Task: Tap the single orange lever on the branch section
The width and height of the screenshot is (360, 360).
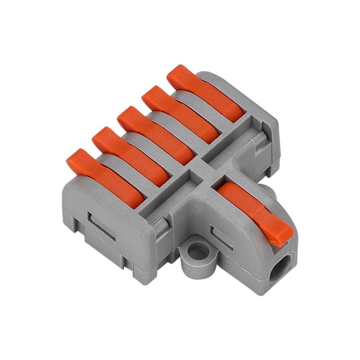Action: coord(252,209)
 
